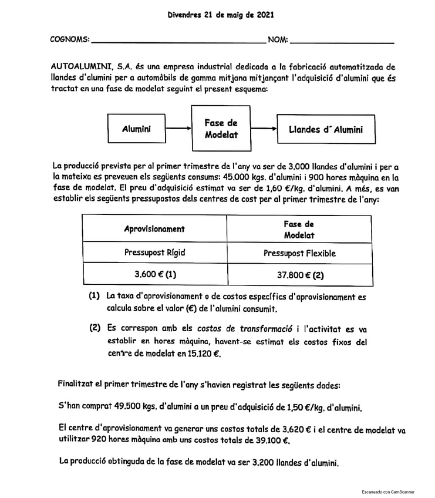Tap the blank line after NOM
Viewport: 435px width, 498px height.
(x=342, y=41)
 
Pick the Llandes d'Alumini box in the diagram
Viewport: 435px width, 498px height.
(x=325, y=129)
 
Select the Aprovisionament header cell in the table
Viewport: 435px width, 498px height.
(x=154, y=229)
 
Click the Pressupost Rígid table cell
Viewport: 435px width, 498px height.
(x=154, y=253)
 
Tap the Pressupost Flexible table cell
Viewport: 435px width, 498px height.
(x=299, y=253)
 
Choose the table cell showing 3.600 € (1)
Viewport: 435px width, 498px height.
(x=154, y=274)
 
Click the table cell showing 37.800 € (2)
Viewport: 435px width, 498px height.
(x=299, y=274)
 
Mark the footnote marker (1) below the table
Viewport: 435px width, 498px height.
(x=95, y=297)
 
